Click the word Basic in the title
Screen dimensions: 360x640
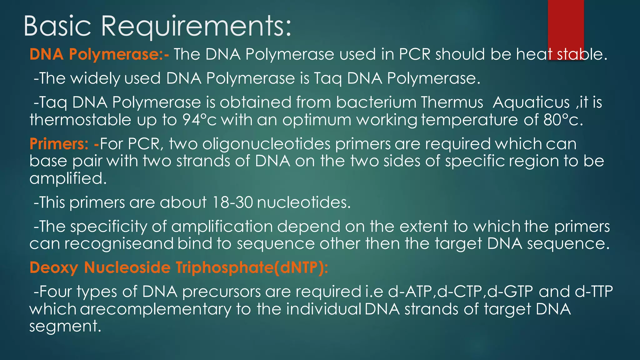pos(57,26)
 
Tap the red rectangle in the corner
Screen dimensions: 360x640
pos(566,28)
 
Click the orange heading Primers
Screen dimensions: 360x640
pos(59,144)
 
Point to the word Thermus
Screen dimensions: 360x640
pos(452,102)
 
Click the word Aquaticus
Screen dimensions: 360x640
pos(531,102)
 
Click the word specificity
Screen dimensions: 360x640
pos(108,227)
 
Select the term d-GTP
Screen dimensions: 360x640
pos(510,292)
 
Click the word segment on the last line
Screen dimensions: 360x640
pos(65,326)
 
